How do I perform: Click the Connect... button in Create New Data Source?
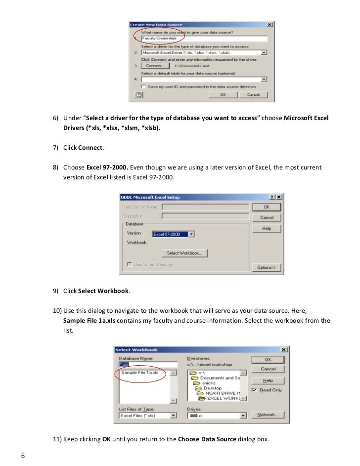155,65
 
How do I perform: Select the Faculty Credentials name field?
204,39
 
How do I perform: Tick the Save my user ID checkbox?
143,86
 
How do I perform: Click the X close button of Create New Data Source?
270,25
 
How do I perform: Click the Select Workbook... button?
184,253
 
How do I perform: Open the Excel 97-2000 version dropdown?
191,234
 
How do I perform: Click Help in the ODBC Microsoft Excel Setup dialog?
267,229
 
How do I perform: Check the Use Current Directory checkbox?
130,264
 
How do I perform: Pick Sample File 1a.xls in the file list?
140,373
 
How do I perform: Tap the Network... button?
268,415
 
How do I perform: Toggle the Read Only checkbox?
254,390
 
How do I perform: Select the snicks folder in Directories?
208,383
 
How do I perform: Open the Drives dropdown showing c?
242,416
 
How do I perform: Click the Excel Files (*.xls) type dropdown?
173,416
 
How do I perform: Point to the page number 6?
23,455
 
